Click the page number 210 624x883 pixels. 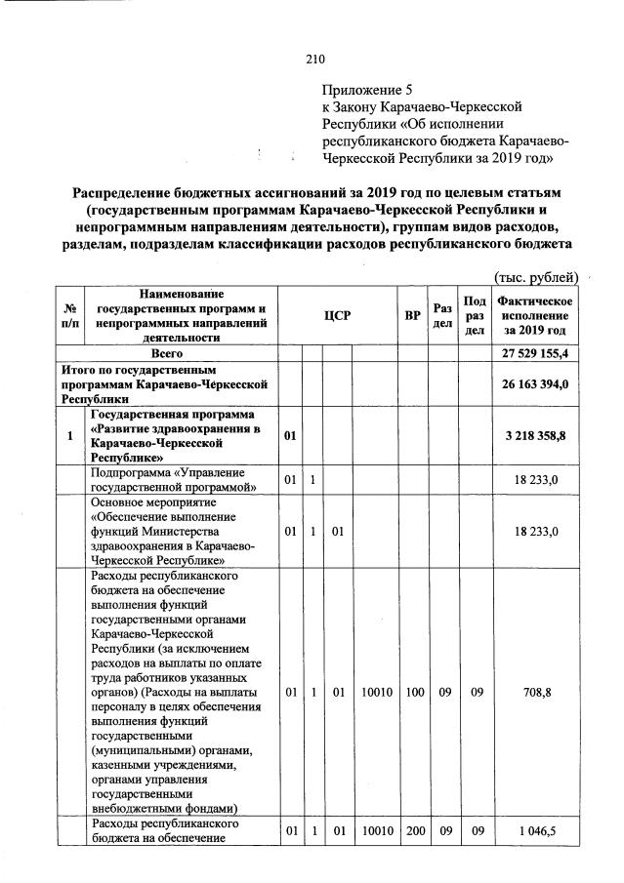[314, 59]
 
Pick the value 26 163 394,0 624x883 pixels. [535, 384]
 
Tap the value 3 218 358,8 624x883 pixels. [535, 435]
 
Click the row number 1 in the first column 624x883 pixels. [70, 435]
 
